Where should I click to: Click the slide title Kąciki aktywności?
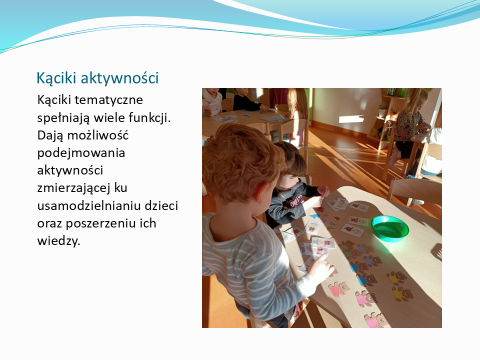click(97, 78)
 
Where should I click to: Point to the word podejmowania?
click(81, 153)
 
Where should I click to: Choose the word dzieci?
click(161, 205)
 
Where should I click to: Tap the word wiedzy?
click(58, 240)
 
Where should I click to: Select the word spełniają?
click(63, 118)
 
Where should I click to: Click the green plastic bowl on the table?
click(390, 228)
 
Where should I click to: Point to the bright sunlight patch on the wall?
click(351, 119)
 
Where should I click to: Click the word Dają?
click(50, 135)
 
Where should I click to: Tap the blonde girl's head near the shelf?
click(415, 100)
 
